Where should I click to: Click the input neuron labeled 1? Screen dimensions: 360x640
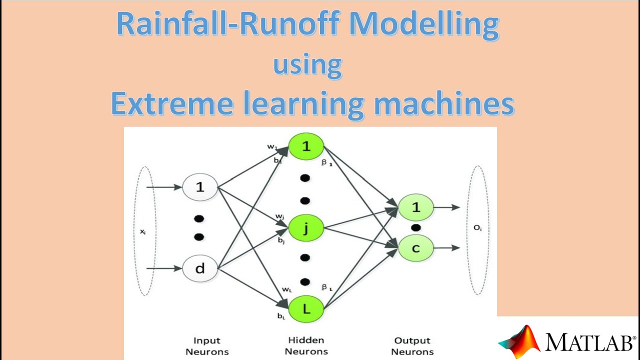click(200, 187)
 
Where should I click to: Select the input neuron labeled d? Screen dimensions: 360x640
click(200, 268)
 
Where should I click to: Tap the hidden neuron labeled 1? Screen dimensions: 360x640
click(306, 146)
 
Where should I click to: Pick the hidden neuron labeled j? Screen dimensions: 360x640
click(306, 228)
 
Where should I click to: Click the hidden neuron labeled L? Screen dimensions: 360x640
click(306, 308)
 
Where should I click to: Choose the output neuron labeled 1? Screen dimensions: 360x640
click(415, 207)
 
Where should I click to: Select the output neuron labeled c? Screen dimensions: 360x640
click(415, 248)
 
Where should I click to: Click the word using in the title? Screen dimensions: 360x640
click(307, 64)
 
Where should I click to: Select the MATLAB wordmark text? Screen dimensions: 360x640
click(590, 342)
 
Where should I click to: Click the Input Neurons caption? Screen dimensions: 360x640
click(206, 346)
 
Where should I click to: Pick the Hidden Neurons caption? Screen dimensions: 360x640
click(306, 345)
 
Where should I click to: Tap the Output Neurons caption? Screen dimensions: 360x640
click(412, 346)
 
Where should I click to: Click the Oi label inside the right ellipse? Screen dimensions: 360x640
click(477, 228)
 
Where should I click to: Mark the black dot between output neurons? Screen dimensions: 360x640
click(415, 228)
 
